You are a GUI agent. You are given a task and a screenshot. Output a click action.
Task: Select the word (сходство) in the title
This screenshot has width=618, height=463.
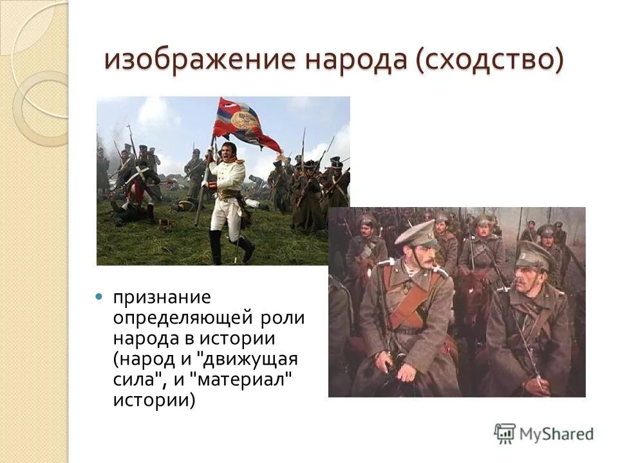pos(489,60)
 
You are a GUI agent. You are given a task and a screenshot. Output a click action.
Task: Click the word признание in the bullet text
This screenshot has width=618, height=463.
pos(162,298)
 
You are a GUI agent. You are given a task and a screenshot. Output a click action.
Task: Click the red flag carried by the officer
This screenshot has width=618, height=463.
pos(245,122)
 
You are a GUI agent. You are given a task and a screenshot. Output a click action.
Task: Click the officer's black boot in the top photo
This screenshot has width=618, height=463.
pos(216,248)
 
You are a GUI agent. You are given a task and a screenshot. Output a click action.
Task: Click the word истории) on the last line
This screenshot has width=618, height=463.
pos(153,399)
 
